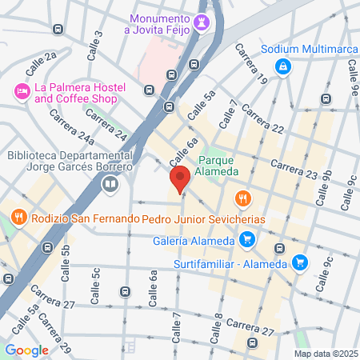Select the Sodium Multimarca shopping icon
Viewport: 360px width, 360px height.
click(x=282, y=67)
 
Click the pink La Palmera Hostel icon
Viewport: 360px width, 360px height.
click(x=21, y=93)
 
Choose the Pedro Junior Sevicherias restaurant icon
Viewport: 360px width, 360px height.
click(x=241, y=198)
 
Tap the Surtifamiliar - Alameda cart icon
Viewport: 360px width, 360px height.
click(x=299, y=262)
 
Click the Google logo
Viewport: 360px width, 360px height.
click(x=26, y=350)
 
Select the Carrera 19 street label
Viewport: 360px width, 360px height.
click(x=250, y=63)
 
